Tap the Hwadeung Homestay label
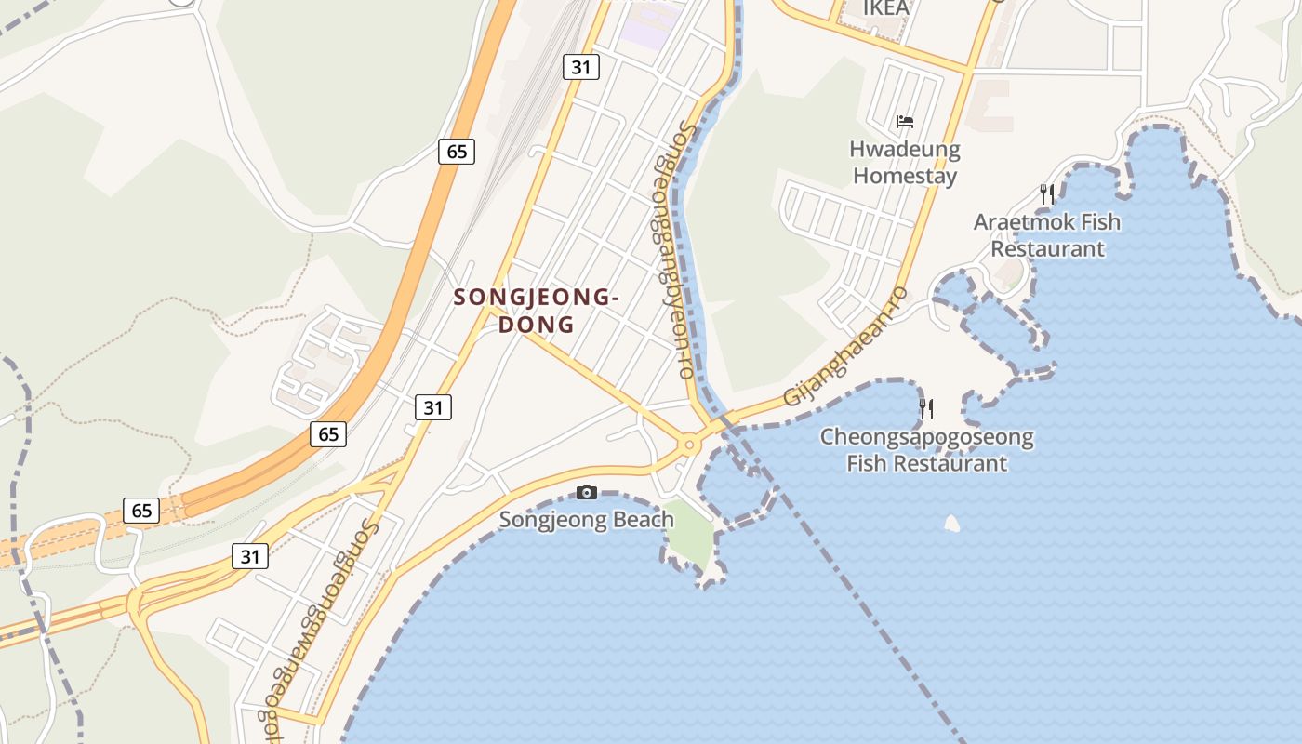[x=905, y=162]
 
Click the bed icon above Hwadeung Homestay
[x=905, y=121]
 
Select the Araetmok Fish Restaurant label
[x=1047, y=235]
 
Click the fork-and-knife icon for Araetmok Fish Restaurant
[x=1047, y=193]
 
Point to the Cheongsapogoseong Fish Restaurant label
[x=926, y=450]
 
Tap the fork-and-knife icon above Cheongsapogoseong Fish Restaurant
[x=926, y=408]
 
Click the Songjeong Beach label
[x=586, y=519]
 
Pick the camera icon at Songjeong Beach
[x=586, y=492]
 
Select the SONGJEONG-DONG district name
[x=536, y=311]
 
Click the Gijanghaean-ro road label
[x=844, y=346]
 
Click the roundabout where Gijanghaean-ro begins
[x=689, y=445]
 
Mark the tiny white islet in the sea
[x=951, y=524]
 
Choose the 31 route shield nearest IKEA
[x=581, y=67]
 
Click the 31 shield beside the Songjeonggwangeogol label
[x=250, y=556]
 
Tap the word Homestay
[x=905, y=175]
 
